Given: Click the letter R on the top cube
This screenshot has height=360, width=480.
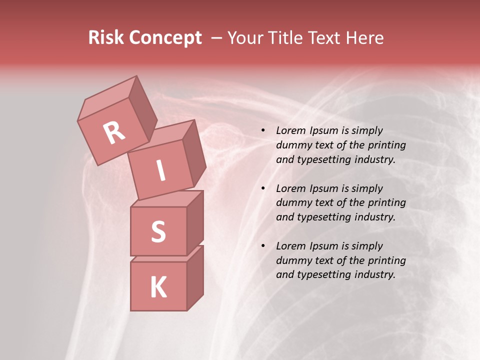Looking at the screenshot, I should [114, 132].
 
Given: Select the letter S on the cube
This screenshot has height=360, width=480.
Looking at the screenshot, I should [158, 231].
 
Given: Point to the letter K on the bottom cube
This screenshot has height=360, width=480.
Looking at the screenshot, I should [158, 287].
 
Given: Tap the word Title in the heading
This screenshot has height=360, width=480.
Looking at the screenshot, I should [285, 37].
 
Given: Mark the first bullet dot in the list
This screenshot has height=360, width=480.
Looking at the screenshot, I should [263, 131].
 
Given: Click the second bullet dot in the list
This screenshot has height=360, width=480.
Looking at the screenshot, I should [263, 188].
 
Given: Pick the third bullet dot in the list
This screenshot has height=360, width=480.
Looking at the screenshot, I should [263, 246].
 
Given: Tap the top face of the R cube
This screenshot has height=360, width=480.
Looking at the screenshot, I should [107, 97].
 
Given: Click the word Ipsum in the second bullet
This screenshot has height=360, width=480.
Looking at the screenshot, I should [324, 188].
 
